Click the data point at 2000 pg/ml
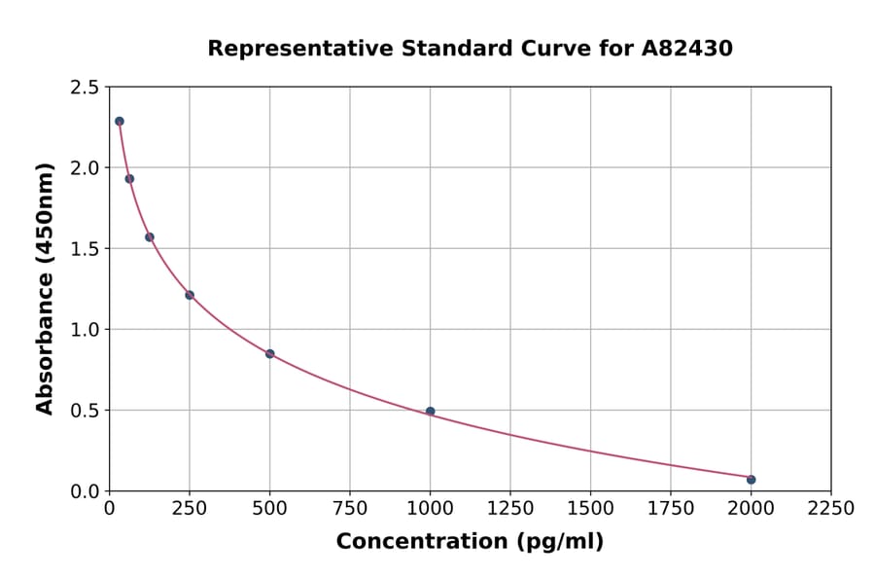tap(751, 479)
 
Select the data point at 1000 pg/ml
tap(430, 411)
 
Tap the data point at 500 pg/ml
tap(269, 353)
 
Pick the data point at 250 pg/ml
tap(190, 295)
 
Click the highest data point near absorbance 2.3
tap(119, 122)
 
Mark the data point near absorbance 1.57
tap(150, 236)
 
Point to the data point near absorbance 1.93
tap(129, 178)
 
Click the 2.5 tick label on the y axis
tap(85, 88)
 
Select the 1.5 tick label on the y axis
tap(85, 249)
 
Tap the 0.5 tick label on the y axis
tap(85, 411)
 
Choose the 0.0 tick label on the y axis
tap(85, 491)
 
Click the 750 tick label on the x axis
tap(350, 508)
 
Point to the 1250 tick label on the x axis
tap(510, 508)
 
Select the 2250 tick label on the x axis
tap(830, 508)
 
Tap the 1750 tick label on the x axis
tap(670, 508)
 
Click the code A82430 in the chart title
tap(686, 48)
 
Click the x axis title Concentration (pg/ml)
tap(470, 542)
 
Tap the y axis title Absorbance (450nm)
tap(45, 288)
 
